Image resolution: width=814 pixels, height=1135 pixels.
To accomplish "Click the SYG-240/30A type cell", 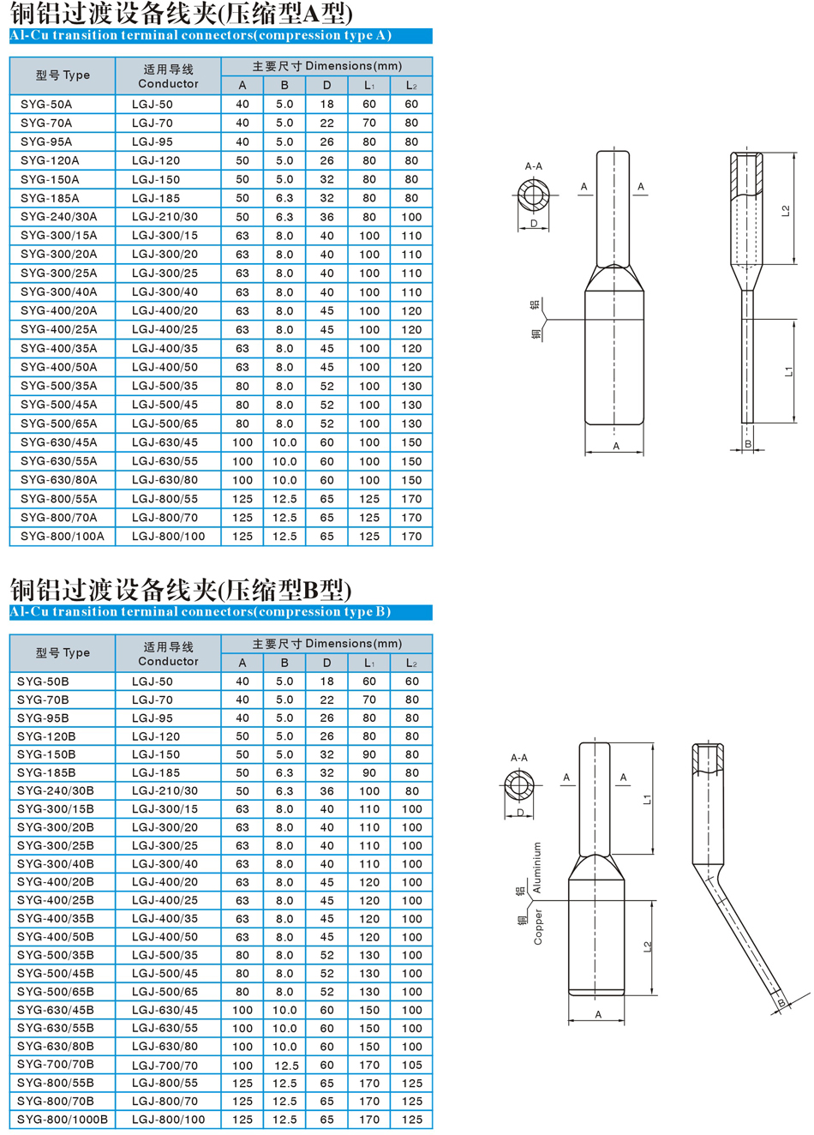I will (x=58, y=217).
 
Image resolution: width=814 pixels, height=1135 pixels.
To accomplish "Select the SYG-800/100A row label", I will (x=62, y=537).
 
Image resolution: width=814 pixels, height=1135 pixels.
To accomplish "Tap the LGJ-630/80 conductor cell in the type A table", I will (x=165, y=480).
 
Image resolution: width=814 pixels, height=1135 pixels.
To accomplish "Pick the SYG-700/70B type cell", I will (x=56, y=1065).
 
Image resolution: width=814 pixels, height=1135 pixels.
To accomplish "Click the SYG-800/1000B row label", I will (x=63, y=1120).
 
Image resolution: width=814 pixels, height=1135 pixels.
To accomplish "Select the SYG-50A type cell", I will (x=46, y=104).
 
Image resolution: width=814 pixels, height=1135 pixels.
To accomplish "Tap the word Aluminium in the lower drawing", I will (x=537, y=868).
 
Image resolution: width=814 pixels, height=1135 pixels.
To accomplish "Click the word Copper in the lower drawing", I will (x=538, y=927).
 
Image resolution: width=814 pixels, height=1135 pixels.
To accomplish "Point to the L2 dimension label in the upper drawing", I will (x=786, y=211).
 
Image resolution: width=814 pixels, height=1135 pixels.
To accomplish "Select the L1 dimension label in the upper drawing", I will (x=788, y=370).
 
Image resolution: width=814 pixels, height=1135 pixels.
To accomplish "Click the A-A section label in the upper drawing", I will (x=533, y=166).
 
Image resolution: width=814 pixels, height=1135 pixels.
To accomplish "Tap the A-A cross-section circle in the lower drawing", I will (x=519, y=784).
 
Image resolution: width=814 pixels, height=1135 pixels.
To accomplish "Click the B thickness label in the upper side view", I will (x=748, y=444).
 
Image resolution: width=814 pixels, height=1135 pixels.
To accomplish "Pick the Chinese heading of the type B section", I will (x=181, y=590).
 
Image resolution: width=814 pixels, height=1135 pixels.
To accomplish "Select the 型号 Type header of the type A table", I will (x=63, y=75).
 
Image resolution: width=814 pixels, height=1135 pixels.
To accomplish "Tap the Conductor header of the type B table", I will (x=168, y=654).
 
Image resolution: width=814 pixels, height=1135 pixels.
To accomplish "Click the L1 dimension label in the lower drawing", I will (x=648, y=799).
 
